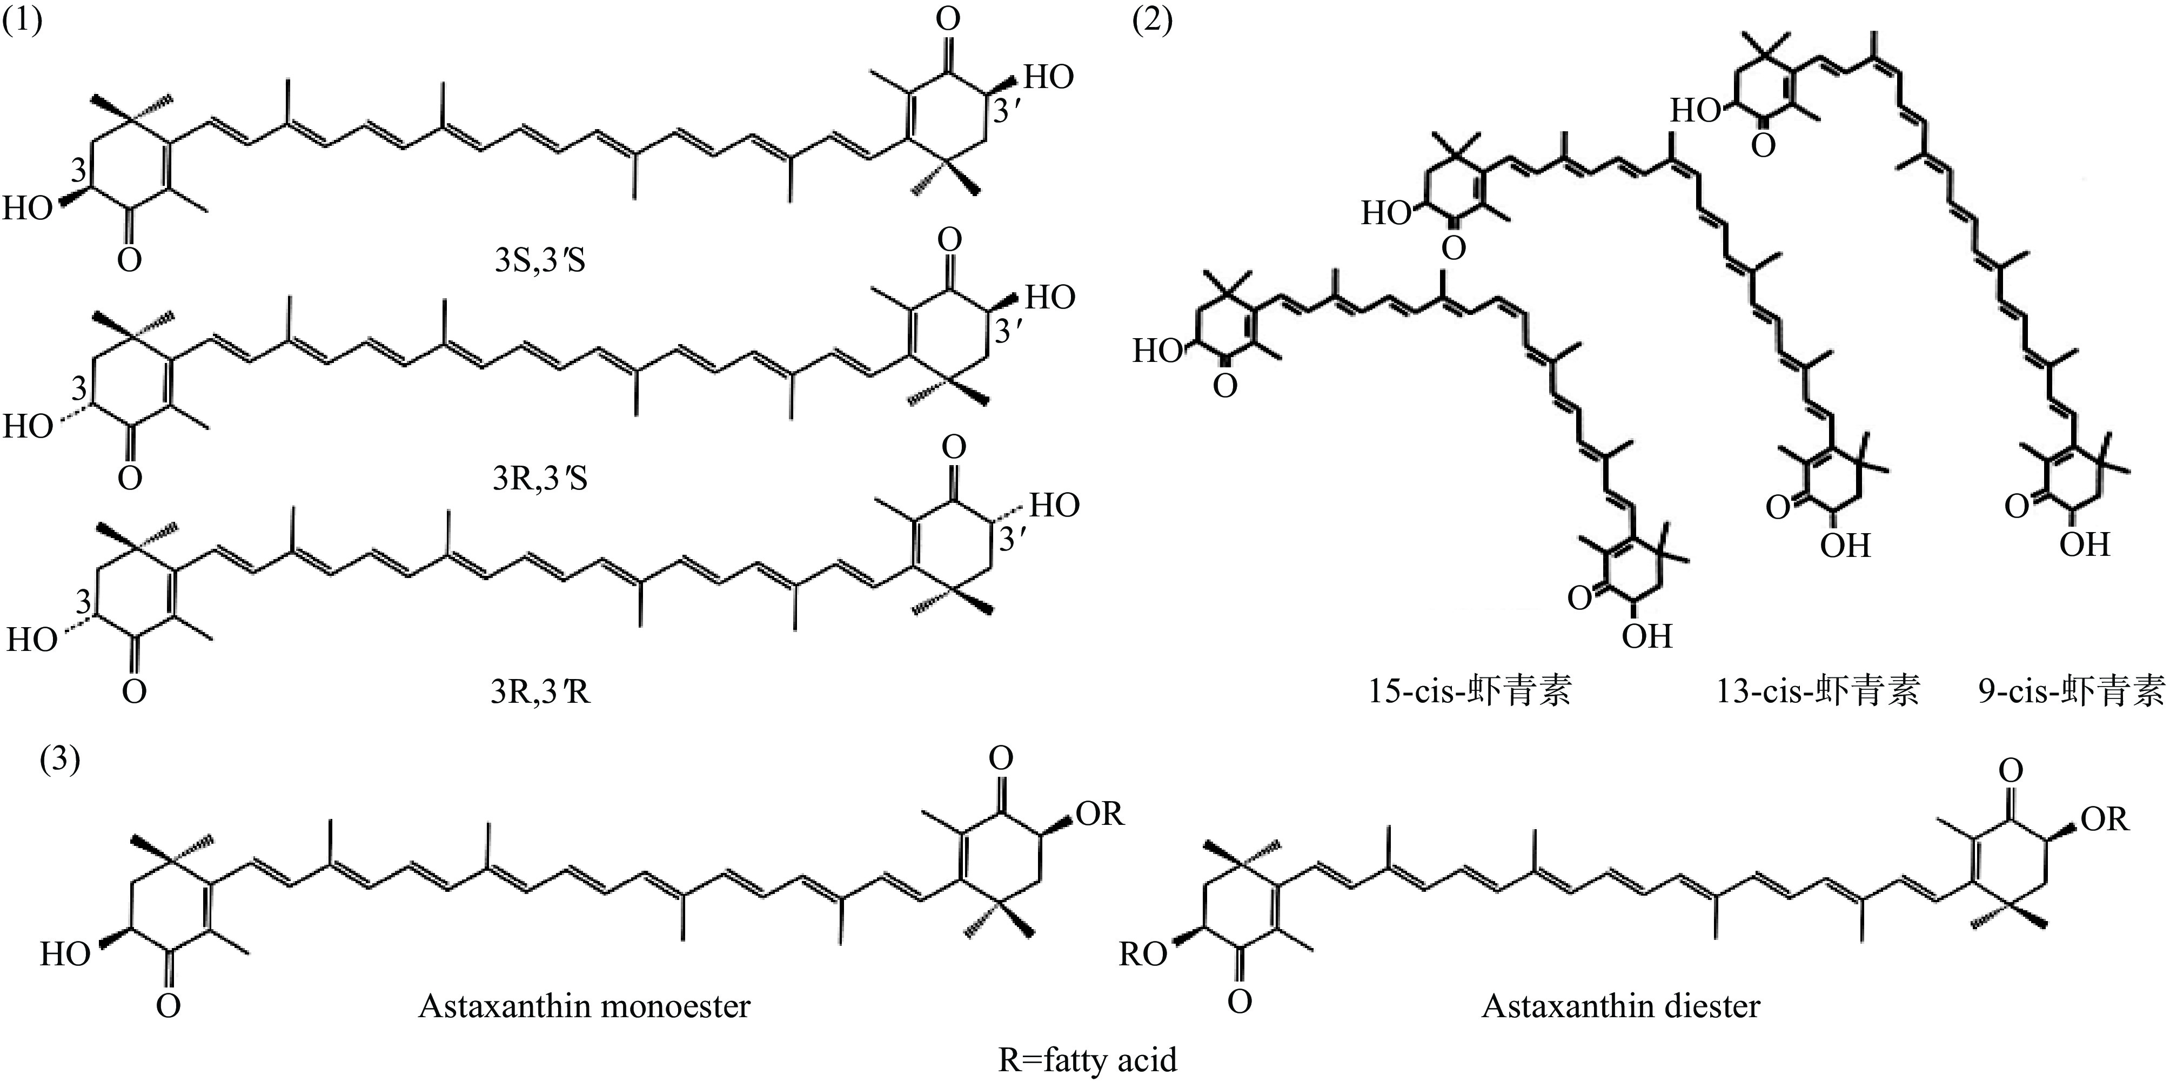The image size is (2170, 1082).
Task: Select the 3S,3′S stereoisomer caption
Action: [540, 261]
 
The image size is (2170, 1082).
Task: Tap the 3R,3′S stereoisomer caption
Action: [540, 478]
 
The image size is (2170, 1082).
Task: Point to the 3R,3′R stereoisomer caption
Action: [540, 692]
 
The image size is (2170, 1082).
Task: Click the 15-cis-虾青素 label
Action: [1470, 692]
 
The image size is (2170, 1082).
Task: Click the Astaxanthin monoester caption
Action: [584, 1006]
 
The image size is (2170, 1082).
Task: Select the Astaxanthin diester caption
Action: [1621, 1006]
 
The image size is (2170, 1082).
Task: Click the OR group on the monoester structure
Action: [1100, 814]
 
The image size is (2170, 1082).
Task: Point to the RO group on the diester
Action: [1142, 955]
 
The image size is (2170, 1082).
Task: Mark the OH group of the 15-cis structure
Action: [1647, 636]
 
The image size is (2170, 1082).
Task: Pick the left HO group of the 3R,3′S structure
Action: [28, 427]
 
